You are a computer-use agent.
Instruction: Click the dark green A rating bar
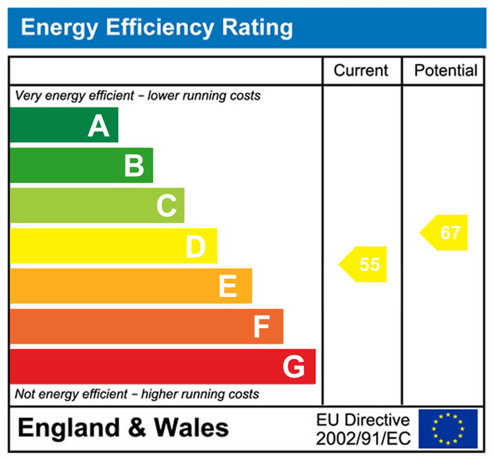click(x=63, y=125)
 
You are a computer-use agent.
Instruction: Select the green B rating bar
click(x=81, y=165)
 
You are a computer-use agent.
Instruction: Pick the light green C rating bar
click(x=96, y=206)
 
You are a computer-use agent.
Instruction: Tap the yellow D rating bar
click(x=113, y=246)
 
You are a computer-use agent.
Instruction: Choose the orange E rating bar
click(x=130, y=286)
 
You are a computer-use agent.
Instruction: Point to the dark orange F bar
click(x=146, y=326)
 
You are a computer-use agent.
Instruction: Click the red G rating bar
click(x=162, y=366)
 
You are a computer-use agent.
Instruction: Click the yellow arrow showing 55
click(x=365, y=264)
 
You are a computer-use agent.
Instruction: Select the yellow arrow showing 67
click(x=445, y=233)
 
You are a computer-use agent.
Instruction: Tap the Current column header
click(x=361, y=70)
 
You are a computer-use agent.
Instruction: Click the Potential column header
click(x=445, y=70)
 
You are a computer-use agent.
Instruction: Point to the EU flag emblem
click(x=448, y=429)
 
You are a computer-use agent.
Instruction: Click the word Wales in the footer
click(x=191, y=428)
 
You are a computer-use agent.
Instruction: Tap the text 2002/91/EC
click(x=363, y=438)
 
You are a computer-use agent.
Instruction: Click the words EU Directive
click(x=363, y=420)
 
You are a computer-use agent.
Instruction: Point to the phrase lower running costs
click(x=204, y=95)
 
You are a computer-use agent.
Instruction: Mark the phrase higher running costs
click(x=200, y=394)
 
